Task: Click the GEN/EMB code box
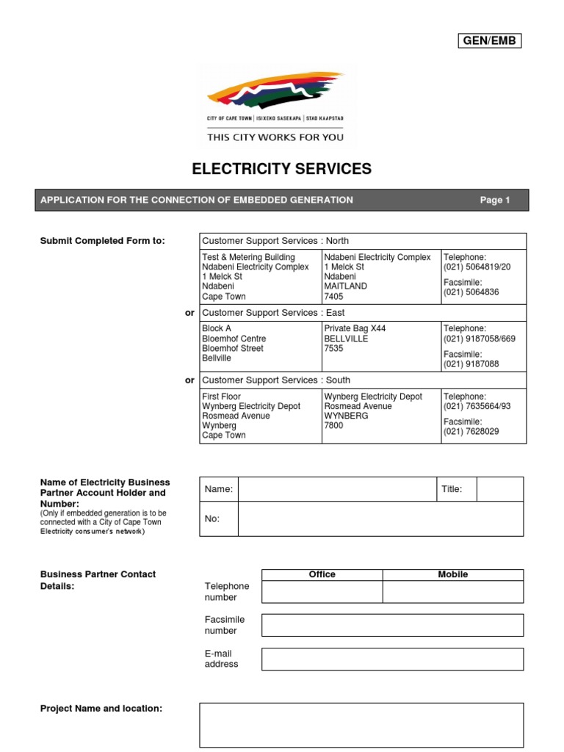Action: [x=489, y=41]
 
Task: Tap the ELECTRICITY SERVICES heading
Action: [x=281, y=169]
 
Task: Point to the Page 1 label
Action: [x=494, y=200]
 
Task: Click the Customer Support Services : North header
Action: [x=275, y=241]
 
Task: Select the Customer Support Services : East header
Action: [x=273, y=313]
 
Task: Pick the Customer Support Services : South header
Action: [x=275, y=380]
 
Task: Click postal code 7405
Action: [x=334, y=297]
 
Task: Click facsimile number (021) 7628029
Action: [x=471, y=431]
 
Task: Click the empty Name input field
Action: [x=336, y=489]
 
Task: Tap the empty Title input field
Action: [x=499, y=489]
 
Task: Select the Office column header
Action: [x=322, y=574]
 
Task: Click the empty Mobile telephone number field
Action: [x=452, y=592]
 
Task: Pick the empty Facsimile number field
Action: [x=392, y=625]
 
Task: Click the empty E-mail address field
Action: [x=392, y=659]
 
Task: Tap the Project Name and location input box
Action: [x=361, y=725]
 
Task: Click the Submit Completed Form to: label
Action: [x=102, y=241]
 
